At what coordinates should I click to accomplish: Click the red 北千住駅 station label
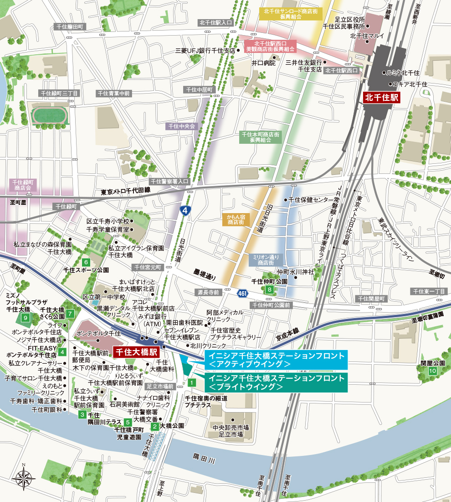pos(381,98)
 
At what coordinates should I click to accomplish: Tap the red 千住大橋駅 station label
pos(135,352)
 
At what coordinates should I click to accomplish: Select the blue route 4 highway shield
pos(184,210)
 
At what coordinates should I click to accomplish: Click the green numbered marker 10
pos(432,371)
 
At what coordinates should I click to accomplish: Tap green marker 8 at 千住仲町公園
pos(270,289)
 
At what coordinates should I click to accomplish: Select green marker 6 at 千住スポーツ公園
pos(86,262)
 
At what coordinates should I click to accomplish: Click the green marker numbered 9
pos(26,318)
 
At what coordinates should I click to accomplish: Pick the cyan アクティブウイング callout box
pos(276,359)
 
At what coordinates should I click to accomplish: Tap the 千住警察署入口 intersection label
pos(170,181)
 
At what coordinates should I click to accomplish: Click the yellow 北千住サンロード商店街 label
pos(290,13)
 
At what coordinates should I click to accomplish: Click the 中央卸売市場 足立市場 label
pos(231,431)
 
